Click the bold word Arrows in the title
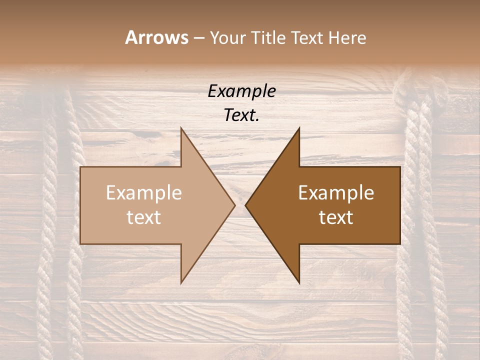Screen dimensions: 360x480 [x=156, y=37]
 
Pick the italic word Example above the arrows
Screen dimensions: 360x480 [x=241, y=91]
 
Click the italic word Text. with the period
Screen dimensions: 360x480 [x=241, y=115]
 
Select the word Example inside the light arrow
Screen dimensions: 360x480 [x=144, y=193]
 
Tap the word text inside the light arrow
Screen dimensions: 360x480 [x=144, y=217]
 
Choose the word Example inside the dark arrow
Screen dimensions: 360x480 [x=336, y=193]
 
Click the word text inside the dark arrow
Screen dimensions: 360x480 [x=336, y=217]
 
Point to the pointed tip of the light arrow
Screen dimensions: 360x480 [x=234, y=205]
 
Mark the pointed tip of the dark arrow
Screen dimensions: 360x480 [x=245, y=205]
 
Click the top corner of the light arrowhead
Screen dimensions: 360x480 [x=181, y=128]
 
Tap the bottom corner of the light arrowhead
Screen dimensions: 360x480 [x=181, y=282]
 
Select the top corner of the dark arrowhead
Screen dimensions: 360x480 [x=299, y=128]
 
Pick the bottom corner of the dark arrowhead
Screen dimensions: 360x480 [x=299, y=282]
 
